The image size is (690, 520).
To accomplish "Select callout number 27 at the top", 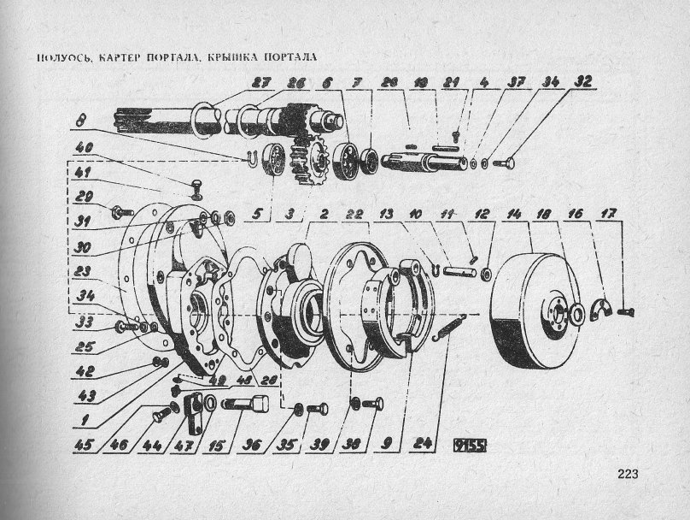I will click(260, 83).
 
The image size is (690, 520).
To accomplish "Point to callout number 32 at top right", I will click(583, 83).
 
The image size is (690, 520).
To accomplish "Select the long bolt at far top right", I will click(505, 162).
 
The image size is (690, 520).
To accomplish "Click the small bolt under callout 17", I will click(629, 314).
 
